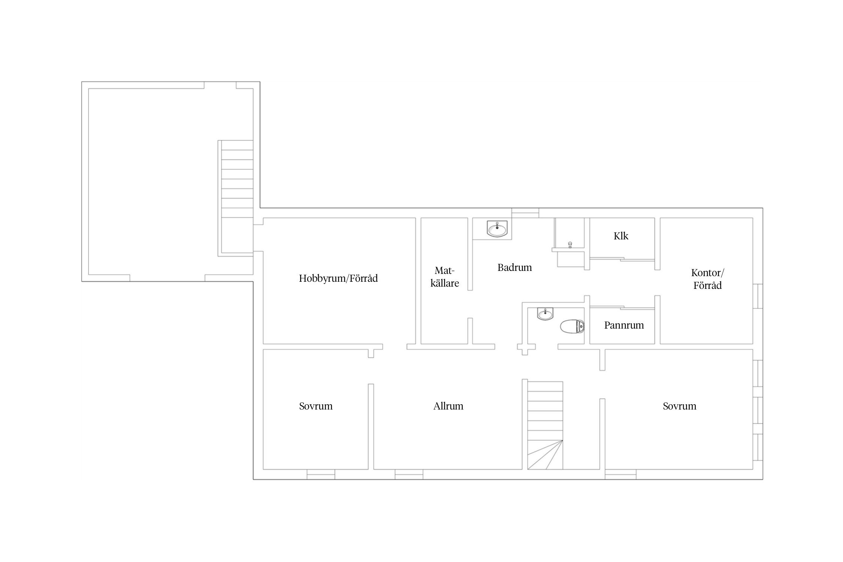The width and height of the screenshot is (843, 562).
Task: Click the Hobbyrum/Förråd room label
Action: pyautogui.click(x=338, y=278)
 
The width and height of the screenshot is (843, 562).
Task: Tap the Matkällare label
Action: pyautogui.click(x=445, y=277)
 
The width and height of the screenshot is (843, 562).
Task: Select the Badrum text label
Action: pyautogui.click(x=514, y=268)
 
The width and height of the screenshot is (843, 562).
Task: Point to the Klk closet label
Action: pyautogui.click(x=621, y=236)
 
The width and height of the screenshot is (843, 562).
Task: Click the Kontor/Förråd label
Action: pyautogui.click(x=707, y=279)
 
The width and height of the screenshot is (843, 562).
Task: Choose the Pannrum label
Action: pyautogui.click(x=624, y=325)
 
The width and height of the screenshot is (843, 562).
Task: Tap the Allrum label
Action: pyautogui.click(x=448, y=406)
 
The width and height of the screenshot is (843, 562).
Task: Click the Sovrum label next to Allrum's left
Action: pyautogui.click(x=316, y=406)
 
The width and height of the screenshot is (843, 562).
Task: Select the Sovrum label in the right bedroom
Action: pyautogui.click(x=679, y=406)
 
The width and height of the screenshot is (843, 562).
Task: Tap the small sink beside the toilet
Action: pyautogui.click(x=545, y=314)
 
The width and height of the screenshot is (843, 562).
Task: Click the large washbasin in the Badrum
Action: pyautogui.click(x=497, y=229)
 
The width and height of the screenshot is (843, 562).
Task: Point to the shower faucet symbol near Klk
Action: pyautogui.click(x=570, y=245)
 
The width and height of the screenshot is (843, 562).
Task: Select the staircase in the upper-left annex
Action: pyautogui.click(x=237, y=198)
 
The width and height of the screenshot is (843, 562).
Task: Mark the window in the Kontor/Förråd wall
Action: pyautogui.click(x=758, y=296)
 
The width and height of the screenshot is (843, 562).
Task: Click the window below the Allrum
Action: pyautogui.click(x=409, y=474)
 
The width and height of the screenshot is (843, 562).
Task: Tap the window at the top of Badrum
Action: pyautogui.click(x=525, y=213)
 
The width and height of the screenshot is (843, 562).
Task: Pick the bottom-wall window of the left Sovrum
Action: pyautogui.click(x=321, y=474)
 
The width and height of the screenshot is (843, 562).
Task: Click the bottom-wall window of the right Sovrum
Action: pyautogui.click(x=620, y=474)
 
